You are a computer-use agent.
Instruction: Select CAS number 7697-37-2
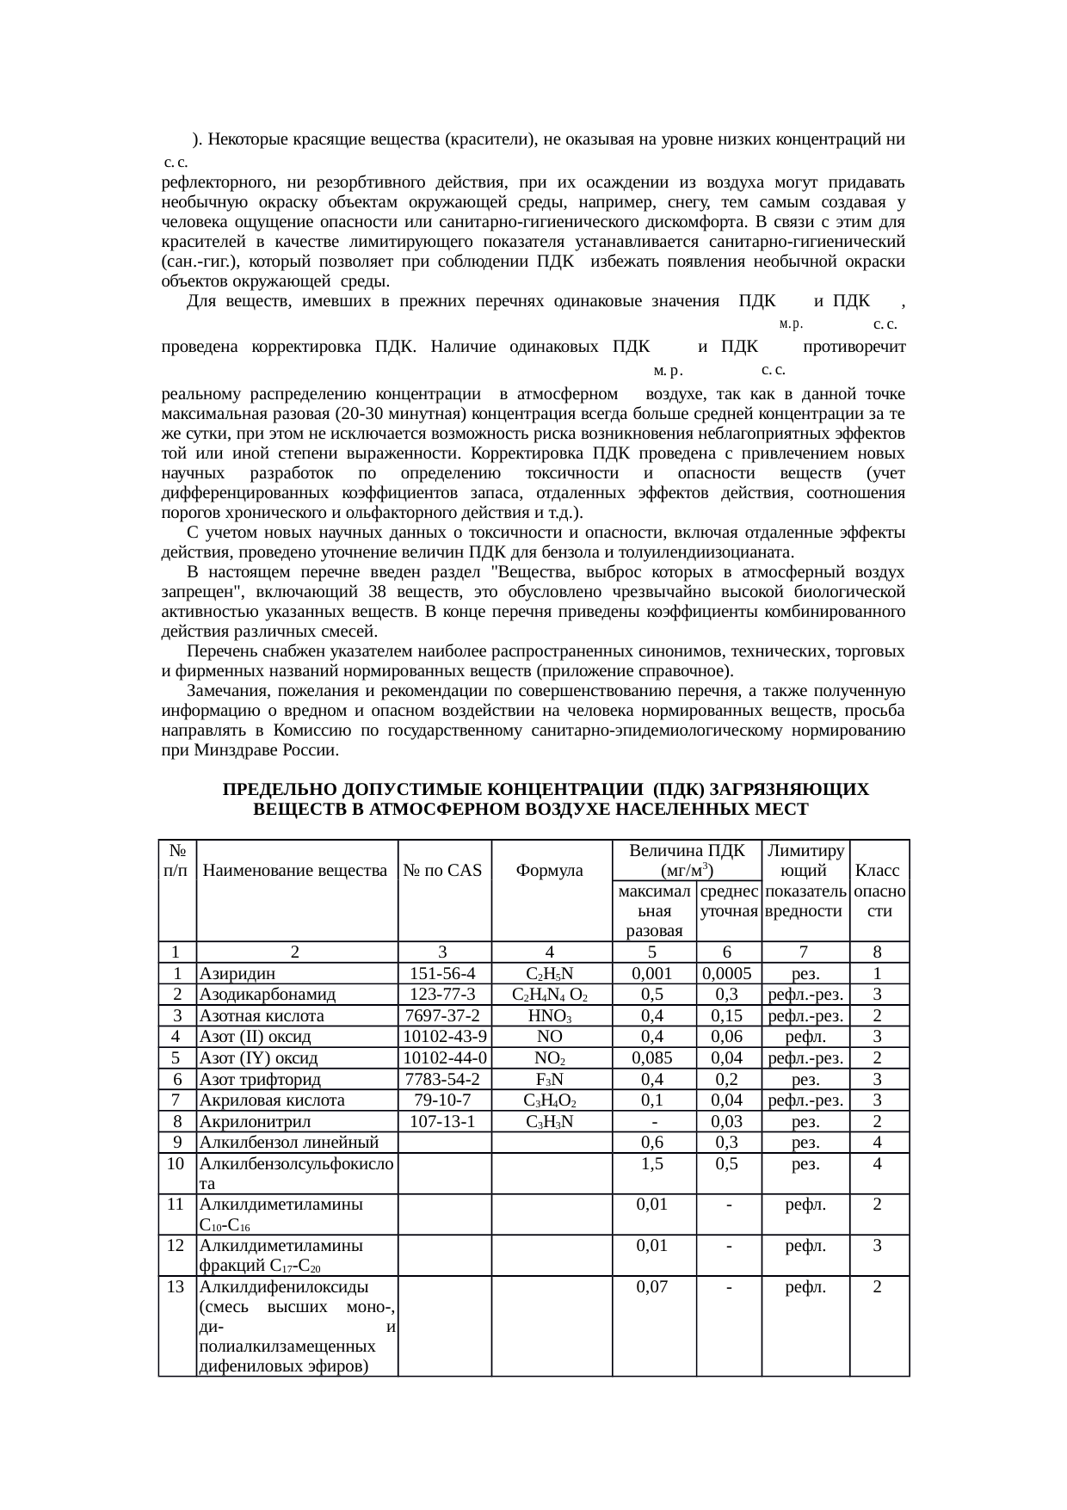(442, 1015)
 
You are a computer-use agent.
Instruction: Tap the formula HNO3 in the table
(550, 1015)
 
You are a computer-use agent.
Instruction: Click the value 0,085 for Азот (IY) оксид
(652, 1057)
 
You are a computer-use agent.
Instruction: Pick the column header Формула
(550, 870)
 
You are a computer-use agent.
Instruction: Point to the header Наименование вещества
(295, 870)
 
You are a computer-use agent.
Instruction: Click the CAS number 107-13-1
(442, 1121)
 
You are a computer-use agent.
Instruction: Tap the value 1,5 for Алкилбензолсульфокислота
(652, 1163)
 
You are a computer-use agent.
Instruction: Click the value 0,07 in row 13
(652, 1287)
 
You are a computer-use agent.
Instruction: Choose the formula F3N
(550, 1079)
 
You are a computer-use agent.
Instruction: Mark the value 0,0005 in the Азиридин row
(727, 973)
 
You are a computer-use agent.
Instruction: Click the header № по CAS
(442, 870)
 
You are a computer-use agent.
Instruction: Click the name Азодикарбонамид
(267, 995)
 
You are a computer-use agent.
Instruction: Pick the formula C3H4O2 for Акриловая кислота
(550, 1100)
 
